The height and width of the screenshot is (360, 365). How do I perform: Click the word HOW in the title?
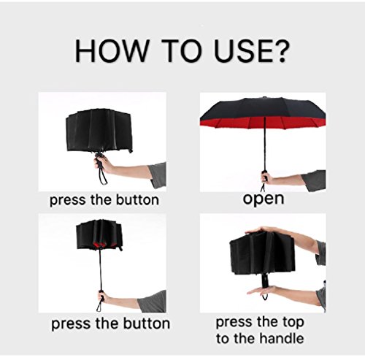[x=111, y=51]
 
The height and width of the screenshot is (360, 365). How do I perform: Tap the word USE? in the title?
[x=252, y=51]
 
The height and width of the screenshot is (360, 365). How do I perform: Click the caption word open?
[x=264, y=199]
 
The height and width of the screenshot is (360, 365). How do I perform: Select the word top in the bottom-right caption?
[x=293, y=323]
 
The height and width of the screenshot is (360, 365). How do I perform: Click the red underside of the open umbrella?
[x=263, y=121]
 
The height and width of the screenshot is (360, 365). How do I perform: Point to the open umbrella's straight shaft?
[x=265, y=144]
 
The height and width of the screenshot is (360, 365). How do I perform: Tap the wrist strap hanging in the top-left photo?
[x=103, y=175]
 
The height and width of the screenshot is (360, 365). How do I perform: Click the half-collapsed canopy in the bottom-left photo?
[x=99, y=235]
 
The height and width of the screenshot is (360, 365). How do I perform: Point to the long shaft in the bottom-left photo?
[x=100, y=268]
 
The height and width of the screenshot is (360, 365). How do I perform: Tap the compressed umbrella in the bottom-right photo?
[x=262, y=256]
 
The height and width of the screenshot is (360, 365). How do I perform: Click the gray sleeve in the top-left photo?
[x=158, y=175]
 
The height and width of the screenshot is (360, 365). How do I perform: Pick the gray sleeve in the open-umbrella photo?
[x=315, y=180]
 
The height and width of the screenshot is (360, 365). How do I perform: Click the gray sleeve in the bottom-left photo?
[x=153, y=302]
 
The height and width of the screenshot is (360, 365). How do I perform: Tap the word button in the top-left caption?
[x=137, y=200]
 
